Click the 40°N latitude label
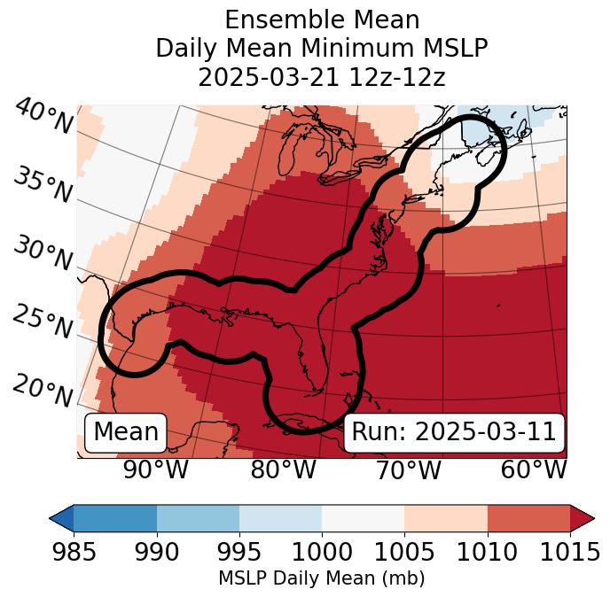(x=43, y=117)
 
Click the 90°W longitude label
(x=155, y=470)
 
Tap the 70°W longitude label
(x=409, y=470)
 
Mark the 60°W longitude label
(x=533, y=470)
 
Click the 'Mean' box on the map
(x=126, y=432)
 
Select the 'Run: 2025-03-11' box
(x=454, y=432)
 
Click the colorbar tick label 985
(x=74, y=553)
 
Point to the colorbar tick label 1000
(x=322, y=553)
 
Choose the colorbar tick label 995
(x=239, y=553)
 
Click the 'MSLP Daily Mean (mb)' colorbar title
(x=322, y=579)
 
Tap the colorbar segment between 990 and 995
(x=198, y=518)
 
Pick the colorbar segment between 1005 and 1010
(x=446, y=518)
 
